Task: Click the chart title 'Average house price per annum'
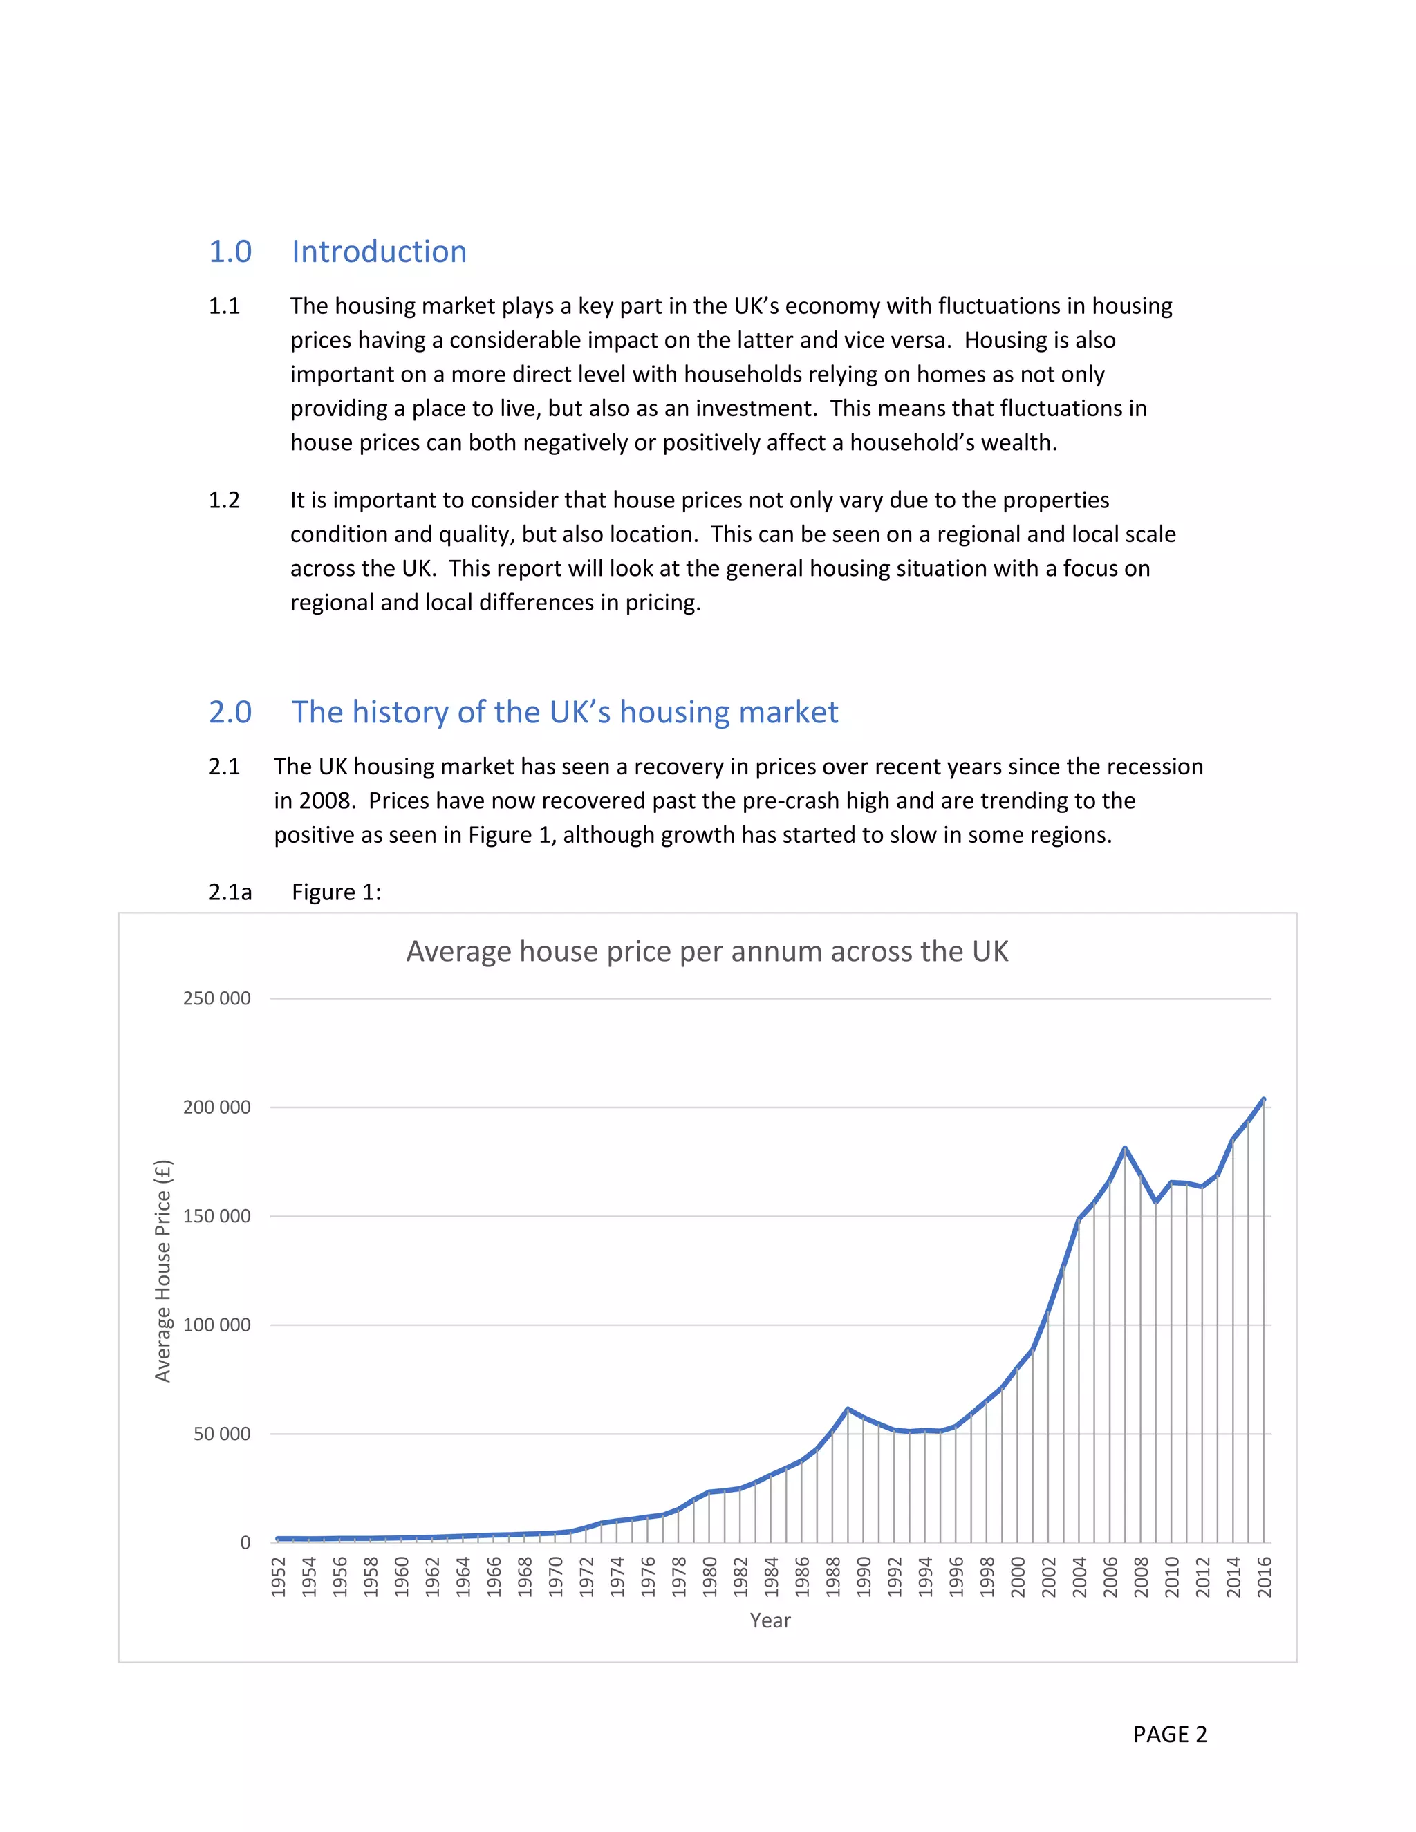pos(707,951)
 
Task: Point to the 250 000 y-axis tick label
pos(216,998)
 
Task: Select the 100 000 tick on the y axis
pos(216,1325)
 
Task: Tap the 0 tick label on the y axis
pos(245,1542)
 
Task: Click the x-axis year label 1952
pos(279,1576)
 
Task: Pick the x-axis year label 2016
pos(1264,1576)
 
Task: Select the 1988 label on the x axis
pos(833,1576)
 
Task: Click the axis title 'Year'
pos(770,1620)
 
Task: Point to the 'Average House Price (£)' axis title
pos(162,1271)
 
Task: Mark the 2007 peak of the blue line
pos(1125,1148)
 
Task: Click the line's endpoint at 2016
pos(1263,1099)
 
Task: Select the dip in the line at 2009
pos(1156,1202)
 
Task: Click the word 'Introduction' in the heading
pos(378,252)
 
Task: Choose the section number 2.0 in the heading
pos(230,712)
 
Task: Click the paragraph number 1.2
pos(224,500)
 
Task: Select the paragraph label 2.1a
pos(230,892)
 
